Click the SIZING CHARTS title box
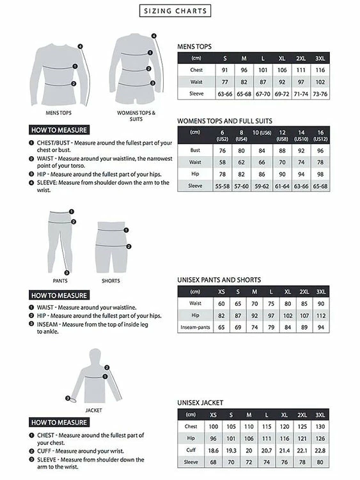pyautogui.click(x=175, y=11)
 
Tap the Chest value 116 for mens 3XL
pyautogui.click(x=320, y=70)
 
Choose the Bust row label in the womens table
pyautogui.click(x=195, y=150)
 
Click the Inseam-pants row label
pyautogui.click(x=195, y=327)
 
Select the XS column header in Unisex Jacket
pyautogui.click(x=214, y=414)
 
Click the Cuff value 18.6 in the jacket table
pyautogui.click(x=214, y=450)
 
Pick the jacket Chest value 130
pyautogui.click(x=320, y=426)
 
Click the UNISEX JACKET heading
pyautogui.click(x=200, y=403)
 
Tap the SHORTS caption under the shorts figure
pyautogui.click(x=111, y=281)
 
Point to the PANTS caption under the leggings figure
pyautogui.click(x=60, y=281)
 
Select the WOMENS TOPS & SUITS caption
pyautogui.click(x=136, y=116)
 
